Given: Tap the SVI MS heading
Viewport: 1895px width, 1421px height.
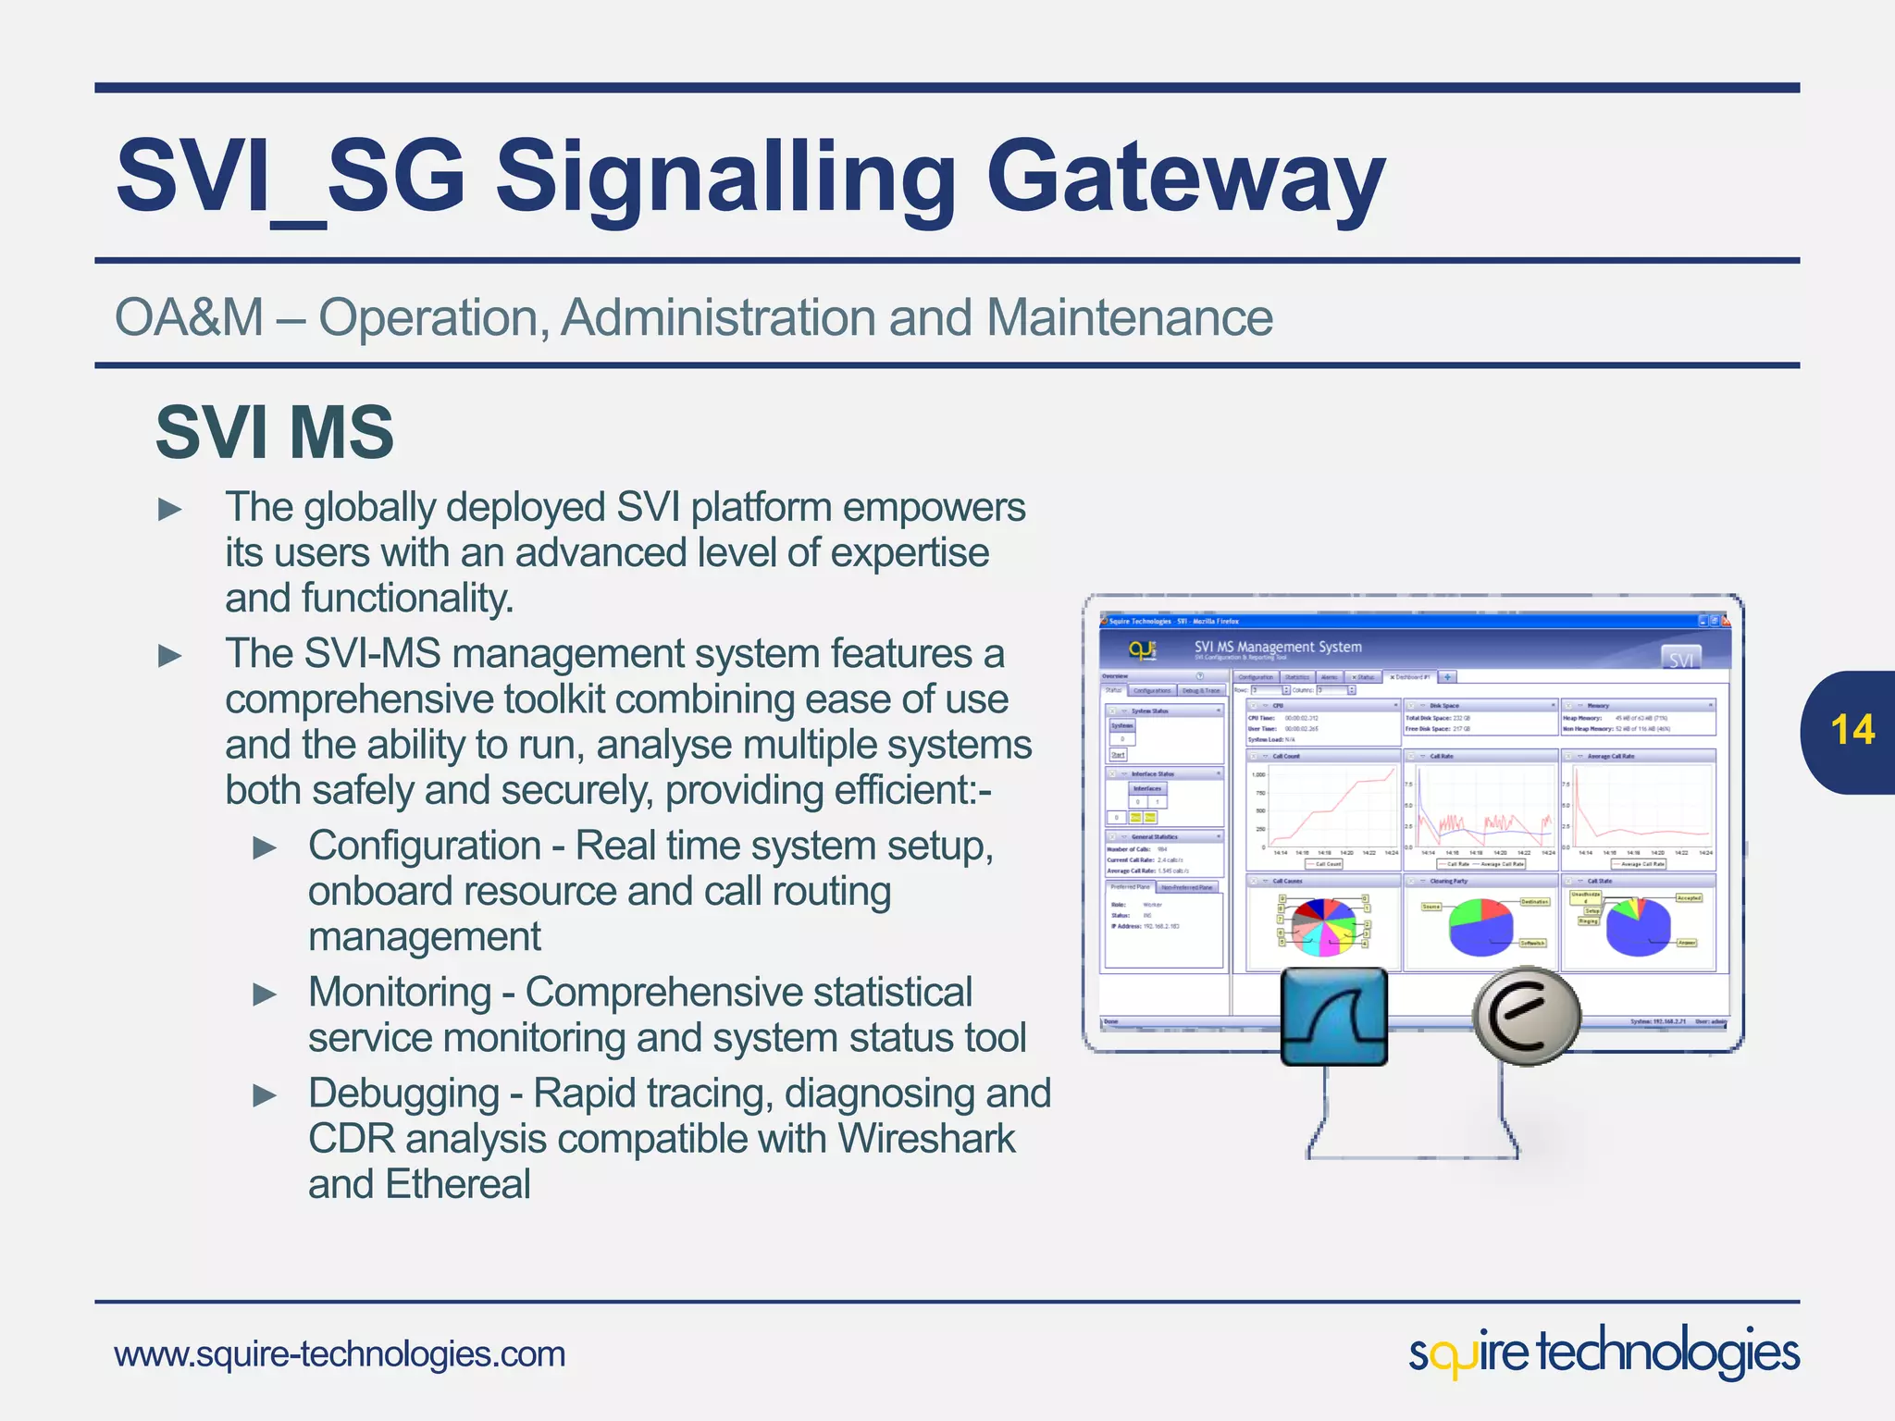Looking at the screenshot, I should click(274, 432).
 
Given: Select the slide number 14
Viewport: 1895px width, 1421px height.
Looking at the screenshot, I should click(1852, 730).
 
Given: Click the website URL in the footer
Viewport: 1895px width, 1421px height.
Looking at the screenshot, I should click(340, 1354).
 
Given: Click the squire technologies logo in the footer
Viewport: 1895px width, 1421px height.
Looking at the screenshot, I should click(1604, 1353).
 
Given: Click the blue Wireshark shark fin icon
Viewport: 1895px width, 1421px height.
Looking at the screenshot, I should click(1333, 1017).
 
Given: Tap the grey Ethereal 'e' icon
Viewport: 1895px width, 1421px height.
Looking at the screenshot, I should click(1526, 1015).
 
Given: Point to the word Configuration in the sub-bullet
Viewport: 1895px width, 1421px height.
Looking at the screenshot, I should click(425, 846).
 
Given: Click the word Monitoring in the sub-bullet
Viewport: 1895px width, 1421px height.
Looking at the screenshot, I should click(400, 993).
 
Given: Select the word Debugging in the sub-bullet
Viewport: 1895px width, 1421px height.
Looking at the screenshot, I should click(403, 1094).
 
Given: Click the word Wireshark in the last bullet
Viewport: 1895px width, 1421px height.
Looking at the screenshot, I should click(926, 1139).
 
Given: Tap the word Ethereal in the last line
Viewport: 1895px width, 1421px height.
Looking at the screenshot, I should click(458, 1184).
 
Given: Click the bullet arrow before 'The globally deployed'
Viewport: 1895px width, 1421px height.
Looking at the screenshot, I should click(170, 509).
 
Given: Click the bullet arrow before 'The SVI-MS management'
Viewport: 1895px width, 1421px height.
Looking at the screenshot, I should click(170, 656).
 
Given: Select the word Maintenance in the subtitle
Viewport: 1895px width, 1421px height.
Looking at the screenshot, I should click(1129, 317).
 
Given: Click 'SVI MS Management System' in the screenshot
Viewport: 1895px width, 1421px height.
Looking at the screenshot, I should click(1277, 647).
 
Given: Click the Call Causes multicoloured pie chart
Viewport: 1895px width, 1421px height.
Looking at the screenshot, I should click(1324, 925).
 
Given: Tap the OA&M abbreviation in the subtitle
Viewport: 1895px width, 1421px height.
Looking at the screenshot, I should click(189, 317).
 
